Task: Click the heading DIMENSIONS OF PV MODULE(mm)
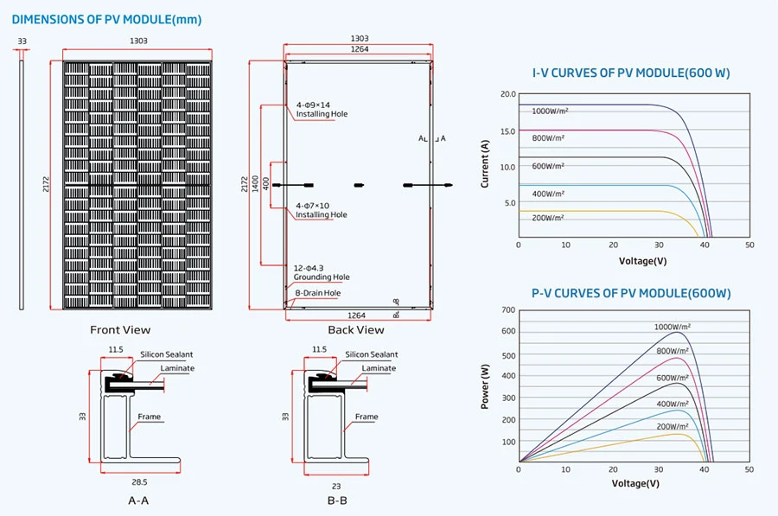coord(106,20)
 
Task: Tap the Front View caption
coord(120,330)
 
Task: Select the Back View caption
coord(356,330)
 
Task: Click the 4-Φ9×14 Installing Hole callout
coord(322,110)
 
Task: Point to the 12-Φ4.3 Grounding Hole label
coord(322,272)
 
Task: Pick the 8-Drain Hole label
coord(317,293)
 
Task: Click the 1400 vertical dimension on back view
coord(255,183)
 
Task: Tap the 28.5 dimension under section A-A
coord(139,482)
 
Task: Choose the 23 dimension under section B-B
coord(336,487)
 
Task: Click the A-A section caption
coord(138,500)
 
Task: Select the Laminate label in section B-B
coord(379,368)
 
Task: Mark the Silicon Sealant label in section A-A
coord(166,354)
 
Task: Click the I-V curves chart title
coord(631,73)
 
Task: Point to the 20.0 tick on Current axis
coord(508,94)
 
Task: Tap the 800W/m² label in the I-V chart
coord(548,138)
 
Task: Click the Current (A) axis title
coord(485,163)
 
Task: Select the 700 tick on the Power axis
coord(508,310)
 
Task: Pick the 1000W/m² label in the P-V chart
coord(673,327)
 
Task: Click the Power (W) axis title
coord(485,386)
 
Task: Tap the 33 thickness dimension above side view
coord(22,41)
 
